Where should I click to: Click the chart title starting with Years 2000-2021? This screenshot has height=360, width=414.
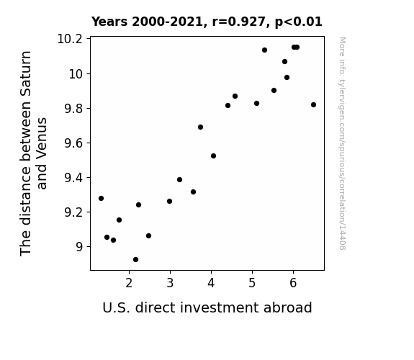pyautogui.click(x=207, y=22)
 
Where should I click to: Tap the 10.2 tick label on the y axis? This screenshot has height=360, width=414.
pyautogui.click(x=70, y=39)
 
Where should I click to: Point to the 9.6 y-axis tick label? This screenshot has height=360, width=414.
pyautogui.click(x=73, y=143)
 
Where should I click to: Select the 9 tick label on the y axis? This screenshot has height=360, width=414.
pyautogui.click(x=79, y=247)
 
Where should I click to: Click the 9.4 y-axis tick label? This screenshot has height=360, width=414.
pyautogui.click(x=73, y=178)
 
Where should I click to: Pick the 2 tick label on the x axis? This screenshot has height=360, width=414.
pyautogui.click(x=129, y=283)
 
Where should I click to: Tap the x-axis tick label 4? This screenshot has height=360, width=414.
pyautogui.click(x=211, y=283)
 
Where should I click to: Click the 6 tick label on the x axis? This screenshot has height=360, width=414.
pyautogui.click(x=293, y=283)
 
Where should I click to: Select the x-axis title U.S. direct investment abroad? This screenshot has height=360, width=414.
pyautogui.click(x=207, y=307)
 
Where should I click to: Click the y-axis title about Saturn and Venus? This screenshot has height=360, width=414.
pyautogui.click(x=33, y=153)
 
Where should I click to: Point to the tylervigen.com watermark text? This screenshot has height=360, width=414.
pyautogui.click(x=342, y=143)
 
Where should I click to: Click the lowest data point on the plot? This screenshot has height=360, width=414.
pyautogui.click(x=135, y=260)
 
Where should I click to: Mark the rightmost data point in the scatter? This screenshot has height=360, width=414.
pyautogui.click(x=313, y=105)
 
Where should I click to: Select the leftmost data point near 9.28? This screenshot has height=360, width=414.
pyautogui.click(x=101, y=198)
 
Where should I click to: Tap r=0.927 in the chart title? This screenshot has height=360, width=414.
pyautogui.click(x=239, y=22)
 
